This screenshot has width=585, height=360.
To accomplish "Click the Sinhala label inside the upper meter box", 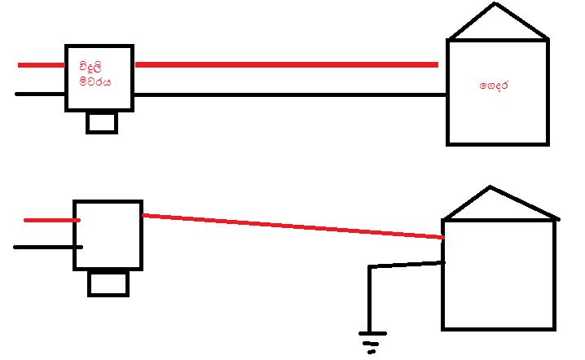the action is coord(95,74).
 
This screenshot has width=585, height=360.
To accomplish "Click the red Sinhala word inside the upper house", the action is coord(494,86).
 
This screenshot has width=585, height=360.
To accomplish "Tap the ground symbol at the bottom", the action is coord(372,342).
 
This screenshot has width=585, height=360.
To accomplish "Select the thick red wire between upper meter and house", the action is coord(287,65).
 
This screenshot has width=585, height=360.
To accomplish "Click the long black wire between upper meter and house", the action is coord(290,94).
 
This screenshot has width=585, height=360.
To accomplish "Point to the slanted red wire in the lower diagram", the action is coord(293,226).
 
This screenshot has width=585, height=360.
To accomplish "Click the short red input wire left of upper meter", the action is coord(42,65).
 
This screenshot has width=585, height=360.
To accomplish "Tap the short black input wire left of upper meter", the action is coord(40,94).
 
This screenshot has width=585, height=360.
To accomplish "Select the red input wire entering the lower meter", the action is coord(52,221).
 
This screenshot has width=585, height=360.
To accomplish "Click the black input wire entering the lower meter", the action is coord(48,248).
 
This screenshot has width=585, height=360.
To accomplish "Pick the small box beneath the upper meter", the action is coord(102,123).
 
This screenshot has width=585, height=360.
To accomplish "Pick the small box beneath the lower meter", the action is coord(108,283).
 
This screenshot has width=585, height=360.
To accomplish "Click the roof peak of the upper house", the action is coord(495,4).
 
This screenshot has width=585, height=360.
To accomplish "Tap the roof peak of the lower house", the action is coord(490,187).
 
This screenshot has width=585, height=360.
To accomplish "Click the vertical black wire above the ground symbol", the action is coord(369,299).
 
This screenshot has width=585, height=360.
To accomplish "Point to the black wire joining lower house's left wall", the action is coord(407,265).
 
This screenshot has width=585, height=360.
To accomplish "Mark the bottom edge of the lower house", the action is coord(499,329).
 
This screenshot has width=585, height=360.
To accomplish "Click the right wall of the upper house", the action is coord(548,92).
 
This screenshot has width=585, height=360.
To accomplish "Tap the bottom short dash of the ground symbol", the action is coord(372,352).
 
